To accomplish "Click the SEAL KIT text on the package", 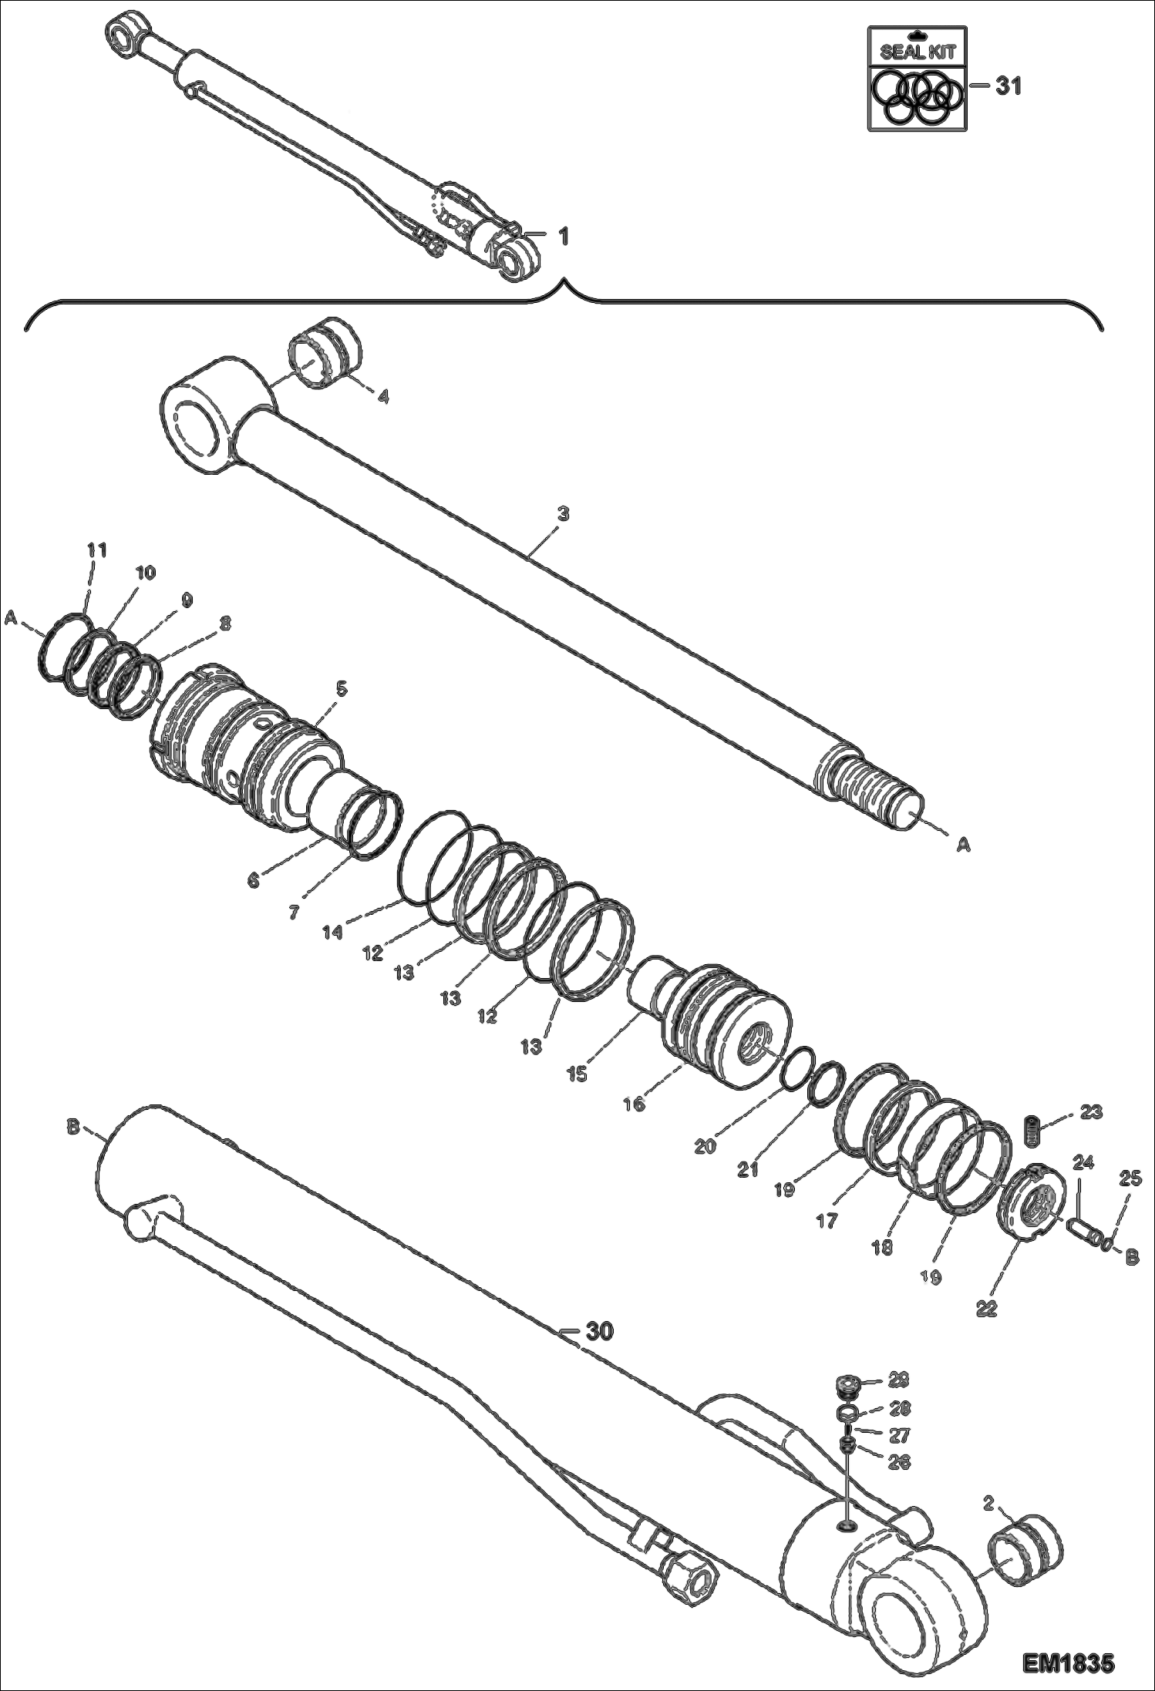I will click(x=917, y=52).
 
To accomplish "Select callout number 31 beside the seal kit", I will click(x=1007, y=86).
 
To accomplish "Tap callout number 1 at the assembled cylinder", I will click(x=563, y=237).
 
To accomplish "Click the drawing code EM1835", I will click(x=1068, y=1661).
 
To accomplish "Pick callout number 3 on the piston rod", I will click(x=563, y=513).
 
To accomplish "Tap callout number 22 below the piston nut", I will click(x=987, y=1308).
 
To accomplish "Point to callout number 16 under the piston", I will click(x=634, y=1104).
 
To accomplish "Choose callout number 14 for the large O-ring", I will click(x=332, y=932).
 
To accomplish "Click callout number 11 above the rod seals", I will click(x=96, y=550).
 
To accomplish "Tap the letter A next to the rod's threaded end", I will click(x=963, y=845).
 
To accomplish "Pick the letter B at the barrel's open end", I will click(x=73, y=1127).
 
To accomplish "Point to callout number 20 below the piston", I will click(x=705, y=1146).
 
